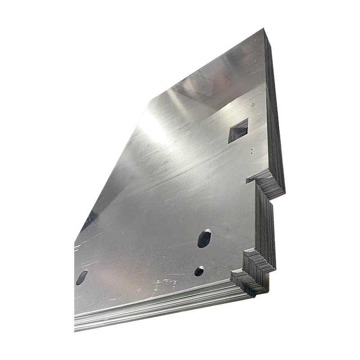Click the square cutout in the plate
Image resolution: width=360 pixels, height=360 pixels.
(238, 130)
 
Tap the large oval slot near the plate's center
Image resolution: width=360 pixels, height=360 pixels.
(204, 238)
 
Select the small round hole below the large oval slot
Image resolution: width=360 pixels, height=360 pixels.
(199, 271)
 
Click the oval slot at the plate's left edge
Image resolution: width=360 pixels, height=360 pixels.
(81, 277)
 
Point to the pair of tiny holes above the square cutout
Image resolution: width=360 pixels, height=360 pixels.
(252, 104)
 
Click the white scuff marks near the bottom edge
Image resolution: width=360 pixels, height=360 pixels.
(164, 283)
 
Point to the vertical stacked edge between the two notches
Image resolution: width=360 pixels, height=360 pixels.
(265, 225)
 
